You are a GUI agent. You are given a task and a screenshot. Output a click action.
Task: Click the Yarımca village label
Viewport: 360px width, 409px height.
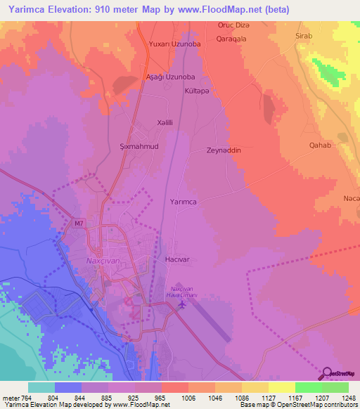tap(184, 202)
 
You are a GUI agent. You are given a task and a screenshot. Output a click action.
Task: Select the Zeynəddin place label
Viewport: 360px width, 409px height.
tap(224, 150)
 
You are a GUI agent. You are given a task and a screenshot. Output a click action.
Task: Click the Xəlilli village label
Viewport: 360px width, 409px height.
tap(166, 122)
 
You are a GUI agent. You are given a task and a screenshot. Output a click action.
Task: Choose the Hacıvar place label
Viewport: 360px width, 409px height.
tap(177, 259)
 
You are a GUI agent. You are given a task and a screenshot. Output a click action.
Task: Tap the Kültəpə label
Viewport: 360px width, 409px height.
tap(198, 91)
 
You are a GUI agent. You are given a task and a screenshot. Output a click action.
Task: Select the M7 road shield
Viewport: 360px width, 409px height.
tap(79, 224)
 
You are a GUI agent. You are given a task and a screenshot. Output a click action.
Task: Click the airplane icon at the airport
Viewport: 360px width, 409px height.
tap(183, 304)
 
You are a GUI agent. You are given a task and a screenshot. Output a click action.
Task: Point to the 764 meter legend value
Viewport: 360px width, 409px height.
tap(27, 398)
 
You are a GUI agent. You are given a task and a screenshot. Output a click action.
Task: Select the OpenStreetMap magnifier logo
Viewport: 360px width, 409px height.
tap(328, 373)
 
